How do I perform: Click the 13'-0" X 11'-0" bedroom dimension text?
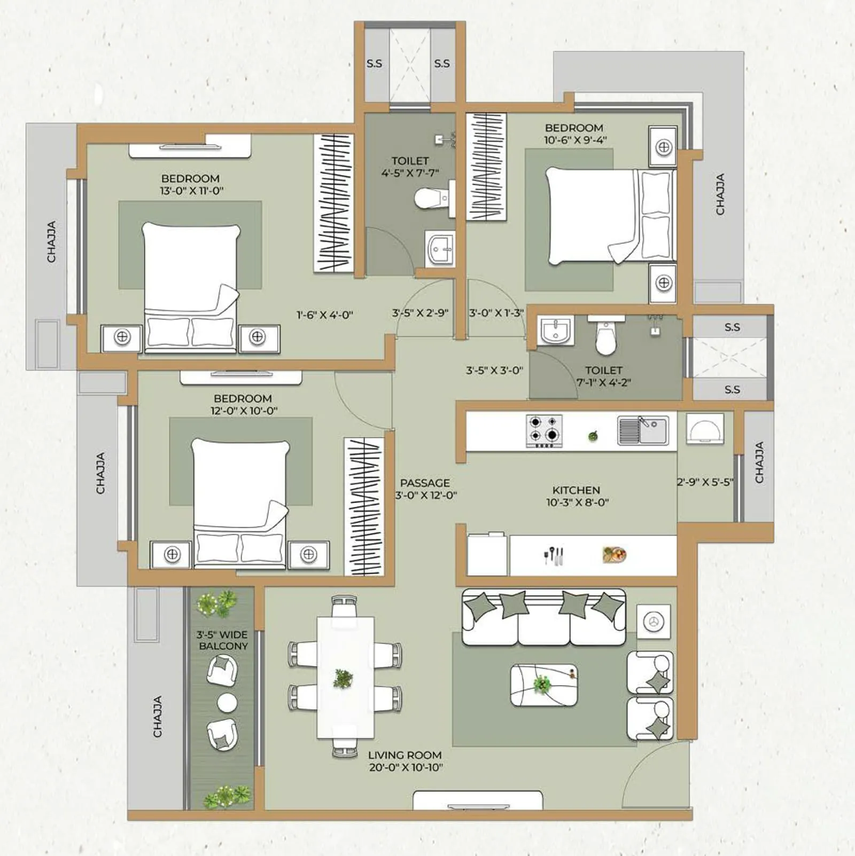[x=191, y=191]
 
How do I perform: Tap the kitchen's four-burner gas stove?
[x=544, y=430]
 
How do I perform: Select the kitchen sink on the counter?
[x=643, y=430]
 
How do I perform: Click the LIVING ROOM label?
[x=405, y=755]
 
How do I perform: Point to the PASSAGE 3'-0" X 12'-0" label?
[x=425, y=489]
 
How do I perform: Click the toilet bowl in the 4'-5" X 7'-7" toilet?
[x=431, y=198]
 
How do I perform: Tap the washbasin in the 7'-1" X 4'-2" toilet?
[x=556, y=329]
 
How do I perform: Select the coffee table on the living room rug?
[x=543, y=685]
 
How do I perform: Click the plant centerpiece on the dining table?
[x=343, y=678]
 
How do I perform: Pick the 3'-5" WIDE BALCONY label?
[x=222, y=640]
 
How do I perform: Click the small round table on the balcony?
[x=227, y=702]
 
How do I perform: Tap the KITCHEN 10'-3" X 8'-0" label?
[x=577, y=496]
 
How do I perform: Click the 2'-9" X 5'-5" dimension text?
[x=704, y=482]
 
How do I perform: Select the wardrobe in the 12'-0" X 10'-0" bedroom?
[x=364, y=506]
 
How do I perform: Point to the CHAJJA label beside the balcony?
[x=158, y=717]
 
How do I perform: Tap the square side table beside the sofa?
[x=653, y=622]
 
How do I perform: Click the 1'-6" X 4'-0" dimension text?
[x=324, y=315]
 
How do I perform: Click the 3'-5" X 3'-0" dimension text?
[x=494, y=370]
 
